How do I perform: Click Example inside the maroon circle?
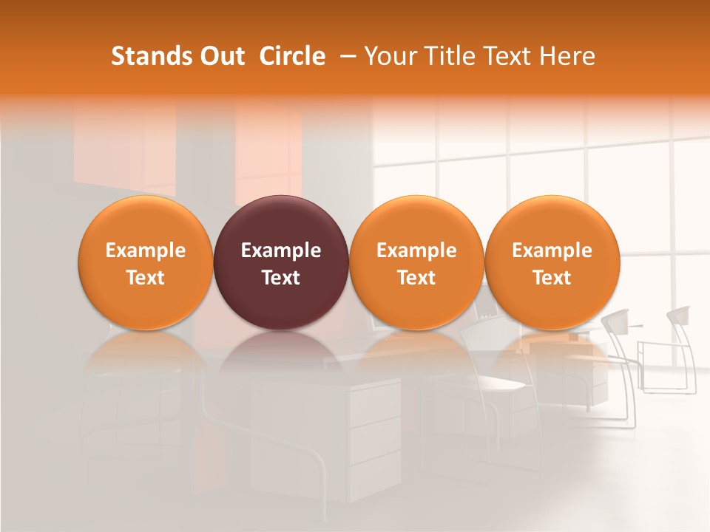tap(281, 250)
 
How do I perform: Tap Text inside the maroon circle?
tap(281, 278)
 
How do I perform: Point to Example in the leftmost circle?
tap(145, 250)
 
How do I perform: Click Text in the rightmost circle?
tap(552, 278)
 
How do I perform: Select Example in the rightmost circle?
tap(552, 250)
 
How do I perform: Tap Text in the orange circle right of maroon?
tap(416, 278)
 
